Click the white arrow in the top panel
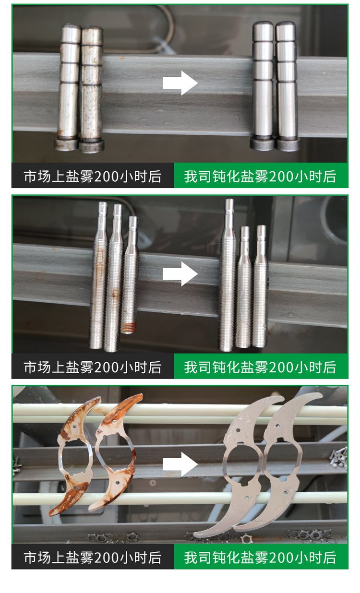[180, 83]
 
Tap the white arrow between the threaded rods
[180, 274]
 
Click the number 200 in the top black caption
[107, 176]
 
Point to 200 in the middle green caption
[282, 367]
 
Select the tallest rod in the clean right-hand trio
[228, 275]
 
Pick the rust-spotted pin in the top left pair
[91, 90]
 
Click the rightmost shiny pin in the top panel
[287, 86]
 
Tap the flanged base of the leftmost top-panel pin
[67, 144]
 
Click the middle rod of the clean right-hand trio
[244, 287]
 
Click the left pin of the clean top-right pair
[263, 86]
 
